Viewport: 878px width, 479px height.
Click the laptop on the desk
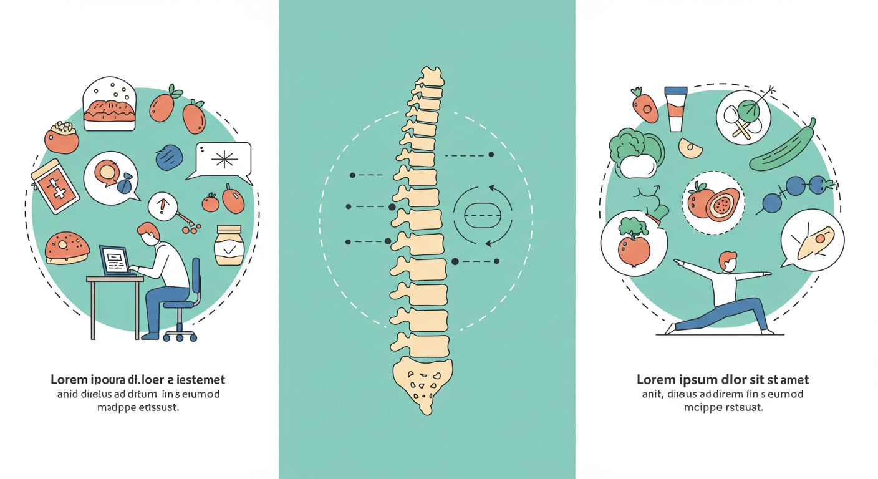(114, 261)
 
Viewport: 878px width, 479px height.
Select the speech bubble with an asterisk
(223, 160)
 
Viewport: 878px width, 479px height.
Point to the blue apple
(169, 157)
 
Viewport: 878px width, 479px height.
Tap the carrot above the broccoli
(645, 105)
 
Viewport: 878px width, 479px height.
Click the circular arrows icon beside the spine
(483, 215)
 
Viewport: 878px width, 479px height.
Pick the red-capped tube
(675, 109)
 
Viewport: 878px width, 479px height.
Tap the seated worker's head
(148, 235)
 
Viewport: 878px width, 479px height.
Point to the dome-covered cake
(109, 105)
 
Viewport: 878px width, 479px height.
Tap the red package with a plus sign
(55, 186)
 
